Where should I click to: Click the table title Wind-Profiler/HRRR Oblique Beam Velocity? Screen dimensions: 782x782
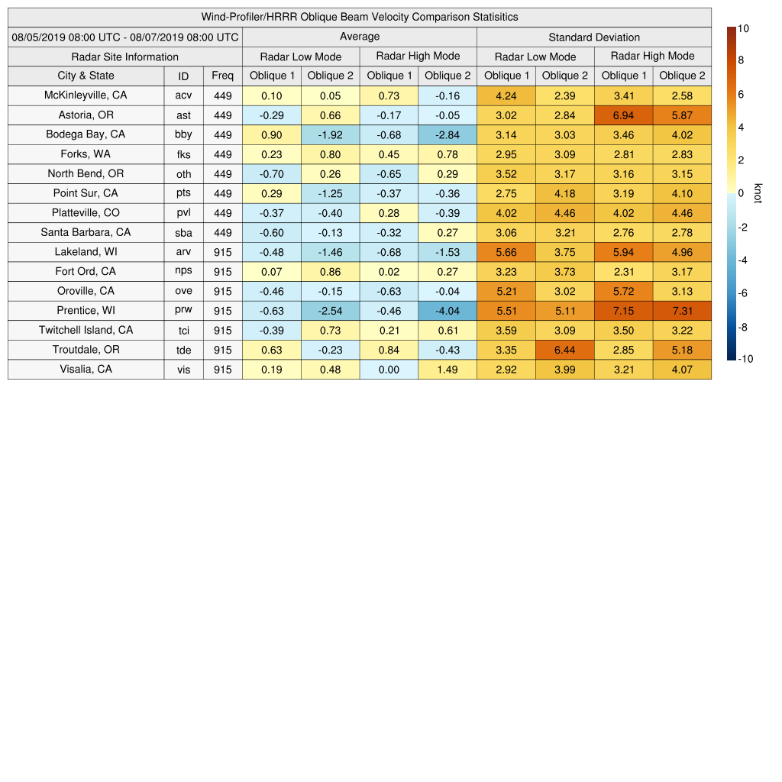click(x=360, y=17)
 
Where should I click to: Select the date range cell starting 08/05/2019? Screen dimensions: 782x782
click(x=125, y=37)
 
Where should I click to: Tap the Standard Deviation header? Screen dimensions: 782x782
click(x=594, y=37)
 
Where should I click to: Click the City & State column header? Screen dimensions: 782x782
click(x=86, y=76)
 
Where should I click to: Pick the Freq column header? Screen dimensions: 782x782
click(x=223, y=76)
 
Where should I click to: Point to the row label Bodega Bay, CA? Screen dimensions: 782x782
click(x=86, y=134)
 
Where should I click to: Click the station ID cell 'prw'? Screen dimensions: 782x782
click(x=183, y=311)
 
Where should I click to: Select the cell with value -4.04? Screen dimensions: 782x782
click(x=448, y=311)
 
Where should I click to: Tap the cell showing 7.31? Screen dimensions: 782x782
click(x=682, y=311)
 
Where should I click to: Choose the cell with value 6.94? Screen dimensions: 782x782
click(x=623, y=115)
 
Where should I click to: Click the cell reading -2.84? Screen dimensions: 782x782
click(x=448, y=135)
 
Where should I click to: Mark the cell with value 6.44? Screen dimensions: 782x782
click(x=565, y=350)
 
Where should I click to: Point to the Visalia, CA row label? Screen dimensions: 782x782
click(x=86, y=370)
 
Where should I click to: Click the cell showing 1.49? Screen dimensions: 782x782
click(x=448, y=370)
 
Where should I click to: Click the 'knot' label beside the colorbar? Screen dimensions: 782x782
click(x=758, y=194)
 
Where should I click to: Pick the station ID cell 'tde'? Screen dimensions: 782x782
click(x=183, y=350)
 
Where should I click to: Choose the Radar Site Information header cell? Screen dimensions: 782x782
click(x=125, y=57)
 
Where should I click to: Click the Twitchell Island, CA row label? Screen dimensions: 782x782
click(x=86, y=330)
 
